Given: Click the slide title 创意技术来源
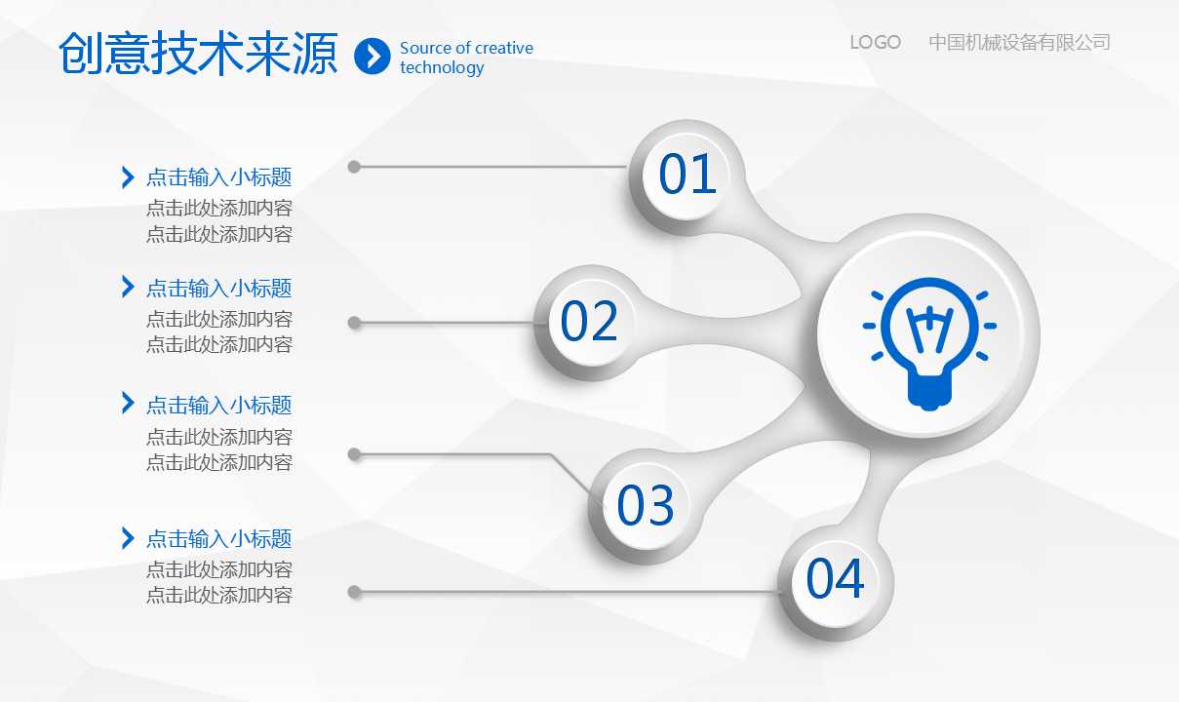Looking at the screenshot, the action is point(198,54).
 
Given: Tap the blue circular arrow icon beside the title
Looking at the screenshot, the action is point(373,56).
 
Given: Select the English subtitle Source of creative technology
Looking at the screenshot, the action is point(466,58).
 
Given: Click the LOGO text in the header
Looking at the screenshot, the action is point(876,42).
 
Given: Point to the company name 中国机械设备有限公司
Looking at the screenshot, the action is point(1019,42).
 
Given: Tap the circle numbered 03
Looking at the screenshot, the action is point(646,506).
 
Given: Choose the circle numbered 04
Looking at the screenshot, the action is point(836,582).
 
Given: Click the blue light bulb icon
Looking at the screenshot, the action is point(929,343).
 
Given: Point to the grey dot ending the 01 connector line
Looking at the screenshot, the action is point(354,167).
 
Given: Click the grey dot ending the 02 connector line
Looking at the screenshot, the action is point(355,323).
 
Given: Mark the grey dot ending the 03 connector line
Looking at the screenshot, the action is point(355,454).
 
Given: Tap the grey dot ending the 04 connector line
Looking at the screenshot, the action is point(355,592).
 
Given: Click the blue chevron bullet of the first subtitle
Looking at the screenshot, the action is point(128,176).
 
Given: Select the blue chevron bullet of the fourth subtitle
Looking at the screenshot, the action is point(128,538).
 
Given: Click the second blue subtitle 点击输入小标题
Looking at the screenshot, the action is point(219,289).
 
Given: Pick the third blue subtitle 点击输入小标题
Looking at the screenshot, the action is point(219,406).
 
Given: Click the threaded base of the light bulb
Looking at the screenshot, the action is point(929,392).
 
